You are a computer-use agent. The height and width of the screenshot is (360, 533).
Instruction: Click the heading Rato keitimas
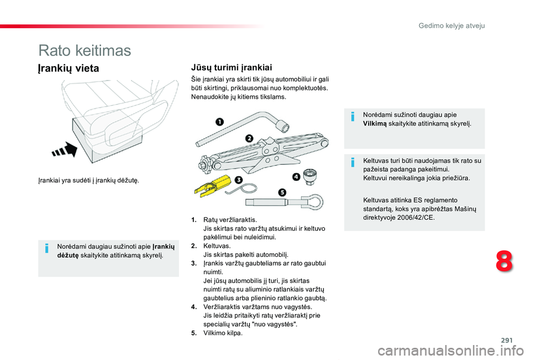[x=84, y=50]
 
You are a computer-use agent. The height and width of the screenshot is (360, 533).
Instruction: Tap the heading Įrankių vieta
[x=68, y=68]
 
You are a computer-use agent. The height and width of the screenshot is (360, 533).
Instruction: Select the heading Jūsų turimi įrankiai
[x=232, y=67]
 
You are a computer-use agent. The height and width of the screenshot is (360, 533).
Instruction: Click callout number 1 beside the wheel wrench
[x=220, y=121]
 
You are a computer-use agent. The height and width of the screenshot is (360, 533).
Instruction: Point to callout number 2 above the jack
[x=249, y=138]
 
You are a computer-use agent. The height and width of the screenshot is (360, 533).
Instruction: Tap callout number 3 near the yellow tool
[x=239, y=180]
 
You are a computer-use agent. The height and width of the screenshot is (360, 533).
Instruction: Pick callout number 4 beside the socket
[x=296, y=176]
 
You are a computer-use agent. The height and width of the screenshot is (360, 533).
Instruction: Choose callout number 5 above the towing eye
[x=282, y=192]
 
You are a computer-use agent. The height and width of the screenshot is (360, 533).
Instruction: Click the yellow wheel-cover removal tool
[x=212, y=185]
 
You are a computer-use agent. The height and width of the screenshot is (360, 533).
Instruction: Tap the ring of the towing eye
[x=321, y=201]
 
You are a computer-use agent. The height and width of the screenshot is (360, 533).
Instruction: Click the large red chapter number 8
[x=504, y=261]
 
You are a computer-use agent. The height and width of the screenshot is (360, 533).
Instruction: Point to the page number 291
[x=506, y=340]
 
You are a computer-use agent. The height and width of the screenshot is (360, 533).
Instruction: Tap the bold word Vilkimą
[x=375, y=124]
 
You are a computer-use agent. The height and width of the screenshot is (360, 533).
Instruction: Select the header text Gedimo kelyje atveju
[x=451, y=26]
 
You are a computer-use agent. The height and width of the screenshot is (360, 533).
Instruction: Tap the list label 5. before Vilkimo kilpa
[x=194, y=333]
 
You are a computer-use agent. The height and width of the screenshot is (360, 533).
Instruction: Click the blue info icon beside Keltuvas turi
[x=353, y=163]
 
